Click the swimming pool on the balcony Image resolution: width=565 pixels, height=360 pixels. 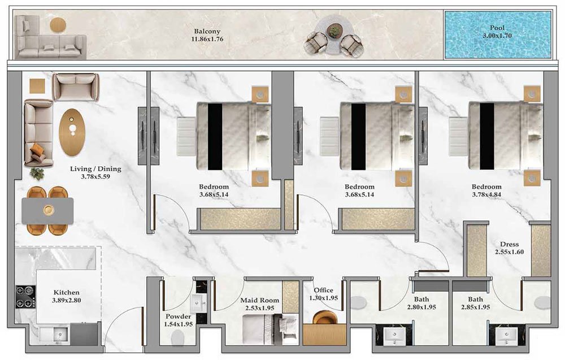point(497,35)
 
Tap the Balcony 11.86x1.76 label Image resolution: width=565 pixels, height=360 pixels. point(207,36)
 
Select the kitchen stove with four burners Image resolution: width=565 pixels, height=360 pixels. point(25,297)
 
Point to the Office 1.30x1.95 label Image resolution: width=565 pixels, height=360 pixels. point(323,294)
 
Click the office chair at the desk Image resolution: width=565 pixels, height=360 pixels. point(325,318)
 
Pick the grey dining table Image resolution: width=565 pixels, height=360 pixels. point(48,211)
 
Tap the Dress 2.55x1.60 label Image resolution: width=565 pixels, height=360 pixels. point(509,249)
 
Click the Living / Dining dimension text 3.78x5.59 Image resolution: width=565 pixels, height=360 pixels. point(95,176)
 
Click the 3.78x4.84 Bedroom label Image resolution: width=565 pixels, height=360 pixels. point(486,191)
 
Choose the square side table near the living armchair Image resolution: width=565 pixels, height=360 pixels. point(37,85)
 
